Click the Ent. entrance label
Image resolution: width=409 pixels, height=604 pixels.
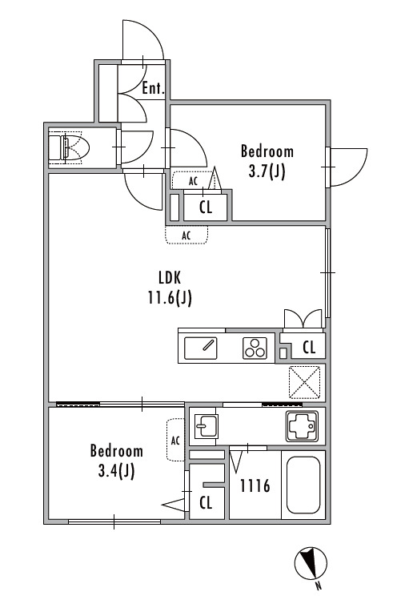point(153,88)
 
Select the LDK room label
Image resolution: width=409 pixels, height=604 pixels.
point(170,277)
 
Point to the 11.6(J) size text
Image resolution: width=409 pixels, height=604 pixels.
point(170,297)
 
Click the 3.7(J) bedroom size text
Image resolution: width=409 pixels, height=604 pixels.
point(267,171)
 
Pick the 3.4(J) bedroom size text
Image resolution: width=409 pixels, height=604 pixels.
point(116,470)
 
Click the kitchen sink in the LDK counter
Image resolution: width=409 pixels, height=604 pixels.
point(200,348)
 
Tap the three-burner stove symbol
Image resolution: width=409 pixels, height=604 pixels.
point(255,348)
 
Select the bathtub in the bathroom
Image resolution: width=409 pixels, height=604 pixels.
point(303,485)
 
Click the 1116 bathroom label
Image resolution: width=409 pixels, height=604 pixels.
point(255,486)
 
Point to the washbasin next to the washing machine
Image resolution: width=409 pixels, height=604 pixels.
point(206,426)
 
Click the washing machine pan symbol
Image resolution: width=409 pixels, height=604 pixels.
point(302,426)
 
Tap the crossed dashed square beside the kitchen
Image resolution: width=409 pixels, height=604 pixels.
point(304,382)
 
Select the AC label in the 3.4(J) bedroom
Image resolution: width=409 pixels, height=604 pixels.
point(175,441)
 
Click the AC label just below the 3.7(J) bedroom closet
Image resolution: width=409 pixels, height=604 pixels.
point(186,236)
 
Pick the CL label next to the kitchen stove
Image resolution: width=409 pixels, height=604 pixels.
point(309,347)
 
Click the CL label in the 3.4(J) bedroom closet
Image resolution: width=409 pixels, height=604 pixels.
point(206,502)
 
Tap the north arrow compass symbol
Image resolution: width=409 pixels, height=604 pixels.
point(311,563)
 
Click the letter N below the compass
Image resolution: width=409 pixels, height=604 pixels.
point(319,586)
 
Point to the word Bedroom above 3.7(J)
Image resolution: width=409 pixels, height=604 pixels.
point(267,151)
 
